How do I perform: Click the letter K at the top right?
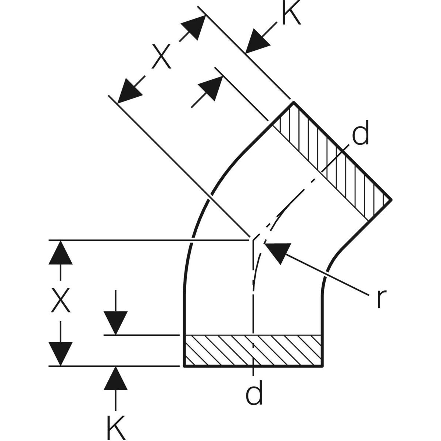(x=291, y=14)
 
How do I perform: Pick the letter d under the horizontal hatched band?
(x=254, y=394)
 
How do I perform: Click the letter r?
(x=379, y=299)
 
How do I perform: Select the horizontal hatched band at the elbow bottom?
(x=254, y=351)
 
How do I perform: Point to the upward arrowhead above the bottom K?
(x=116, y=378)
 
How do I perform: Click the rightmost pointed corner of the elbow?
(x=392, y=200)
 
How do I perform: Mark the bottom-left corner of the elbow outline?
(x=184, y=366)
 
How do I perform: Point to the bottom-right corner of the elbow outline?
(x=323, y=366)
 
